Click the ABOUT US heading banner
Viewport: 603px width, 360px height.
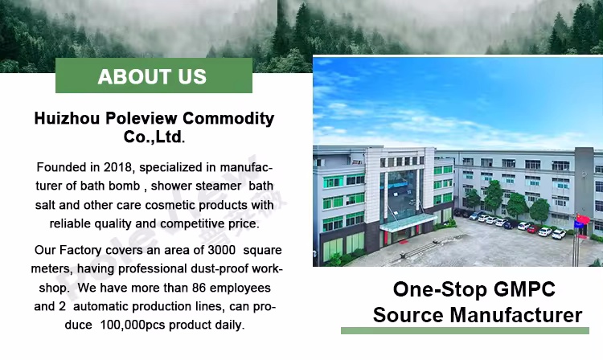click(153, 77)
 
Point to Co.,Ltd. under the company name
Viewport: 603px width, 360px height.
click(154, 137)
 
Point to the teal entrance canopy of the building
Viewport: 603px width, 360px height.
click(408, 221)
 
